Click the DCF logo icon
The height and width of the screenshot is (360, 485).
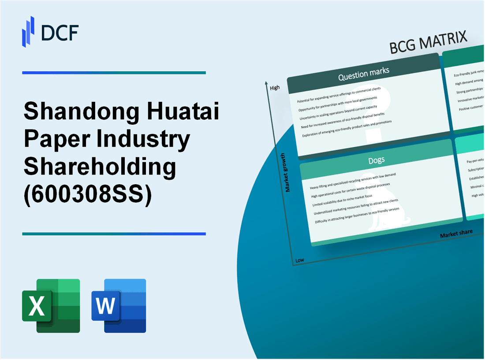click(28, 31)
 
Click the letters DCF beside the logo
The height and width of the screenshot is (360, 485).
click(59, 32)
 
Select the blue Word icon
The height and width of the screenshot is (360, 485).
click(119, 305)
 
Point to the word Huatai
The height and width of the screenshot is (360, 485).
click(185, 112)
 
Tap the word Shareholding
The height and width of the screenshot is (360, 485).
click(100, 167)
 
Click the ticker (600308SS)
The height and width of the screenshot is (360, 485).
click(88, 194)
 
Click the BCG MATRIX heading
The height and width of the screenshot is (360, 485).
click(428, 43)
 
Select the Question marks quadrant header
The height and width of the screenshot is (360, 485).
click(363, 75)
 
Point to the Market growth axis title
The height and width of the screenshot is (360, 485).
click(288, 172)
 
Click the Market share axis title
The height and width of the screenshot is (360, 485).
click(456, 233)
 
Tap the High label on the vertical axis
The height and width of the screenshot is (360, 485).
click(275, 88)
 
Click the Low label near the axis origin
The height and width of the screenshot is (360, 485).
click(299, 260)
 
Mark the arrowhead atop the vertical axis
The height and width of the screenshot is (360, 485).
click(267, 83)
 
